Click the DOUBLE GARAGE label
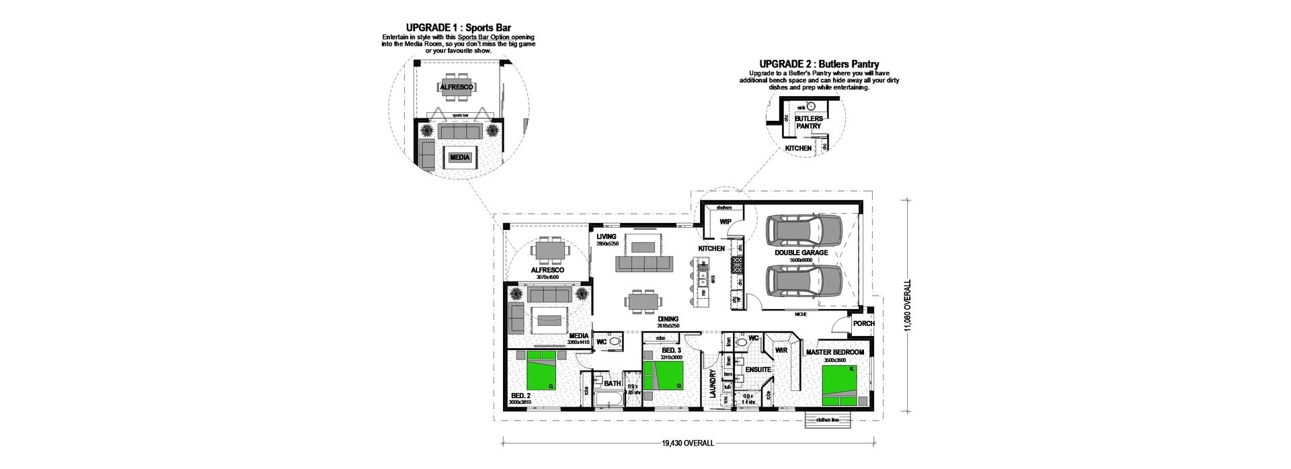click(x=800, y=253)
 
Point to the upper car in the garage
click(x=804, y=231)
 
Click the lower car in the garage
click(x=804, y=282)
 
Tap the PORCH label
click(x=863, y=324)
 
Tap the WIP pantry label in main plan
click(x=725, y=222)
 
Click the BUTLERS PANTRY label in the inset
click(x=808, y=122)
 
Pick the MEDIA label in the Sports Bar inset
click(x=460, y=157)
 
